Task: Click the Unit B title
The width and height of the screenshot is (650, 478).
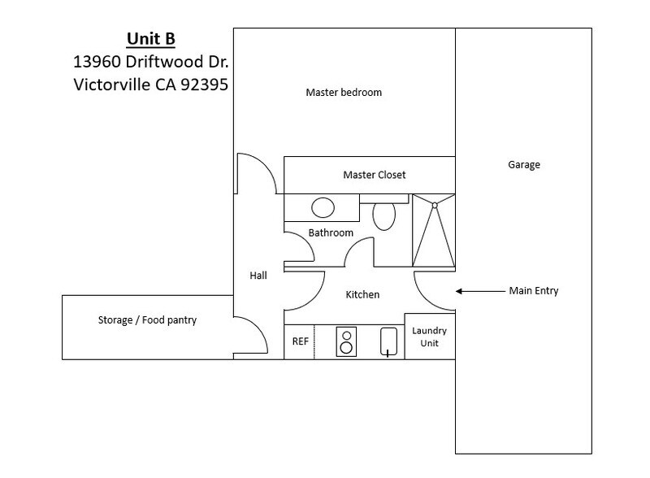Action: click(x=151, y=39)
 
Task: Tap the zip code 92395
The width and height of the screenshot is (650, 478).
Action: click(x=205, y=85)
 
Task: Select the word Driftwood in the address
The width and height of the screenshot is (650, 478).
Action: click(x=164, y=62)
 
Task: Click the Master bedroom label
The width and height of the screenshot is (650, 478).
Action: click(x=344, y=92)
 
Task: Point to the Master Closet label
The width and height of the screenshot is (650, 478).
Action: click(x=375, y=175)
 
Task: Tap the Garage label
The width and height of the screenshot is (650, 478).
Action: click(x=524, y=165)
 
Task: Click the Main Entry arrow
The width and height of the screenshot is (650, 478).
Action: click(x=480, y=291)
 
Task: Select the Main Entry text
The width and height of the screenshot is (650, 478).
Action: click(x=534, y=290)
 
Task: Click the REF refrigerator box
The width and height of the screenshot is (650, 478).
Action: click(x=299, y=341)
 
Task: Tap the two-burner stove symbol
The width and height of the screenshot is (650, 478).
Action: click(x=346, y=342)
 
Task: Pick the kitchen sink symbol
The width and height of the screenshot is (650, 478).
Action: click(x=389, y=341)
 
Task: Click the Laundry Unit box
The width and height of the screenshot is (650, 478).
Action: click(x=430, y=336)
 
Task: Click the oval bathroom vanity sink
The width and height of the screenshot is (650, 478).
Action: click(x=323, y=208)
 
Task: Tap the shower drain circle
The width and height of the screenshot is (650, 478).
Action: click(x=435, y=206)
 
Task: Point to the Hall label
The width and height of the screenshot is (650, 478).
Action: click(x=258, y=276)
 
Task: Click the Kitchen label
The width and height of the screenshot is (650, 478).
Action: click(x=362, y=294)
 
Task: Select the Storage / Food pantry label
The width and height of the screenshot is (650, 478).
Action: click(x=147, y=320)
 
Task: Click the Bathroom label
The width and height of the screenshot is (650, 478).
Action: click(x=331, y=232)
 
